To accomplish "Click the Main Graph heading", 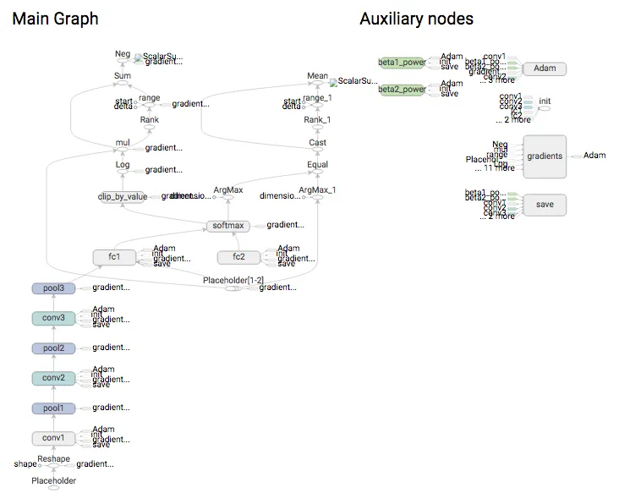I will point(55,19).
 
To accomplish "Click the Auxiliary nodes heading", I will point(416,19).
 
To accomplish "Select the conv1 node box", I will point(53,438).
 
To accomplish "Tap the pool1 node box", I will point(53,408).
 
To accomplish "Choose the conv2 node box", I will point(53,378).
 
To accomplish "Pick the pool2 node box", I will point(53,348).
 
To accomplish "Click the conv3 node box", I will point(53,319).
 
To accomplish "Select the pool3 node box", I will point(53,289).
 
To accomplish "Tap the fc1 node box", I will point(114,257).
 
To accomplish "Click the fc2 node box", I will point(239,257).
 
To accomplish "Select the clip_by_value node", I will point(123,197).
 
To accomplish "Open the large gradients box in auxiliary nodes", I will point(544,156).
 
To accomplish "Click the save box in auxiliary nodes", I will point(544,205).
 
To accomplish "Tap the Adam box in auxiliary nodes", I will point(544,68).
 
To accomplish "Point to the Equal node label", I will point(317,166).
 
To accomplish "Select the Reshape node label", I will point(52,457).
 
